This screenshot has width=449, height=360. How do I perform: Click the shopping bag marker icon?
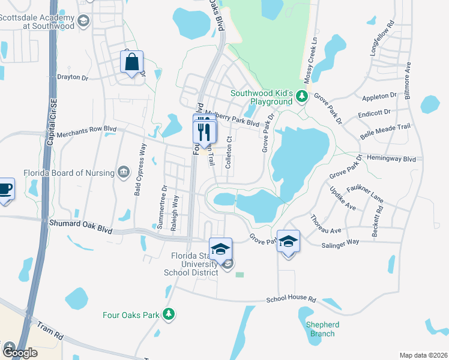(132, 61)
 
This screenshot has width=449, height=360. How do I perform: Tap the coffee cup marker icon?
(5, 190)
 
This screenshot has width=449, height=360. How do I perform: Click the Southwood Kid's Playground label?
(262, 97)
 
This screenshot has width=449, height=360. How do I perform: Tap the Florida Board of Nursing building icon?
(124, 173)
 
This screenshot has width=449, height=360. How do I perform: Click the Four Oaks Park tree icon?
(169, 314)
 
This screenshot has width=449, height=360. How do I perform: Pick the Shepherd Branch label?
(322, 329)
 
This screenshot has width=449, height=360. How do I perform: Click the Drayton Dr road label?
(72, 77)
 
